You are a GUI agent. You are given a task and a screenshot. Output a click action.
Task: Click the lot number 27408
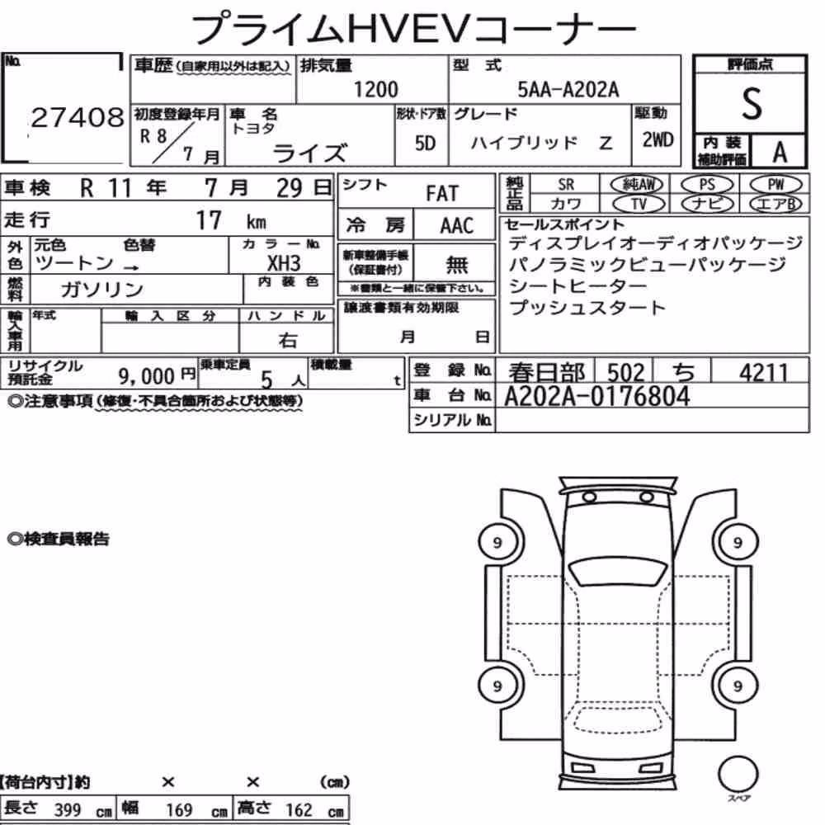[x=78, y=117]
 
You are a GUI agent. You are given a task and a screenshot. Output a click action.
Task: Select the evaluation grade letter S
[x=752, y=104]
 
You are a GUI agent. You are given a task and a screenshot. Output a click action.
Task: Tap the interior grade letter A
[x=780, y=153]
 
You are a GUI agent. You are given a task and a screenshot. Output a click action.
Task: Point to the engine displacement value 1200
[x=375, y=89]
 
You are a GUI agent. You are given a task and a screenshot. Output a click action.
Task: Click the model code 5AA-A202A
[x=568, y=90]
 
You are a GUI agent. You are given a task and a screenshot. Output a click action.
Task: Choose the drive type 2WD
[x=658, y=140]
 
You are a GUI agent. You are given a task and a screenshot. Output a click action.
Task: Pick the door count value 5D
[x=425, y=143]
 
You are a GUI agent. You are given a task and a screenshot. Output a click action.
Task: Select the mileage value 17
[x=209, y=220]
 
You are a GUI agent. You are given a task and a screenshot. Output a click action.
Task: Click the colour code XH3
[x=284, y=263]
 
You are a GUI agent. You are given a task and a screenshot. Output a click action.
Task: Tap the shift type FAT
[x=442, y=194]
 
